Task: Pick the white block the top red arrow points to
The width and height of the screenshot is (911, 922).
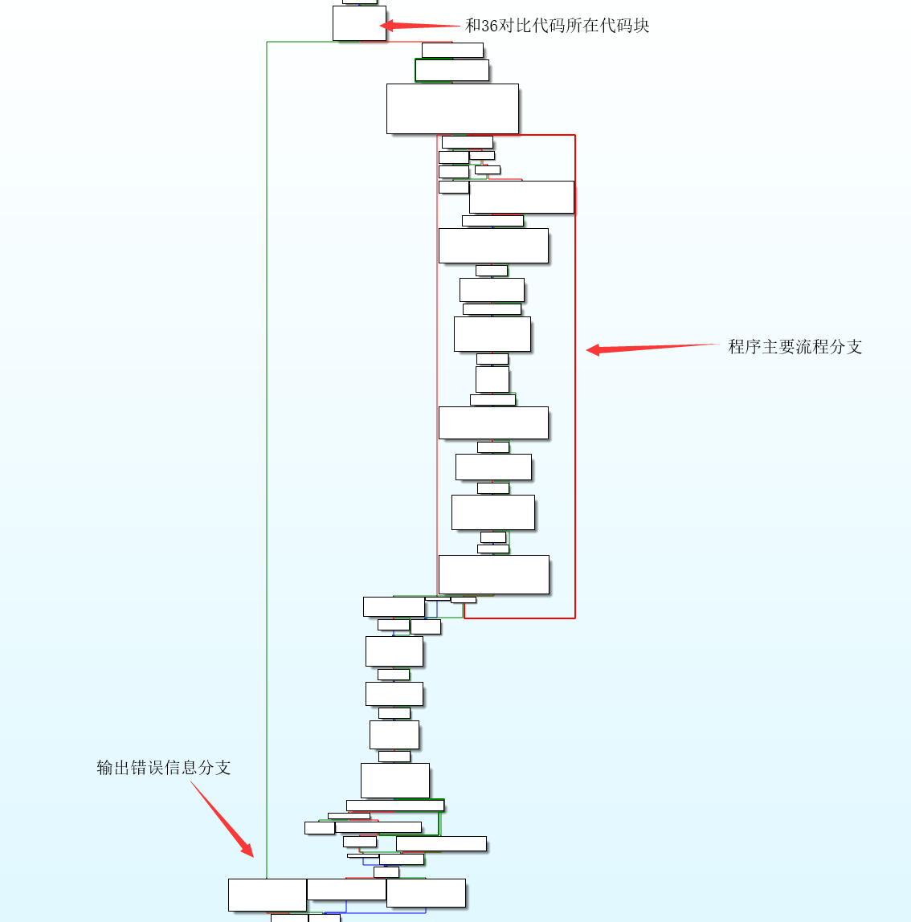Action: tap(359, 23)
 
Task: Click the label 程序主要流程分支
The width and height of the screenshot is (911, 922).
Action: tap(795, 347)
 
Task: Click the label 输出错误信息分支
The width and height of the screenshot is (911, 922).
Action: tap(164, 768)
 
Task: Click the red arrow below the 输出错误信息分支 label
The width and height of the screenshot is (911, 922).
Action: tap(223, 818)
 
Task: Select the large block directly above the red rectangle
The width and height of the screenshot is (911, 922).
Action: tap(452, 108)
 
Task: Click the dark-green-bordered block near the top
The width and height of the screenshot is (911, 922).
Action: tap(451, 71)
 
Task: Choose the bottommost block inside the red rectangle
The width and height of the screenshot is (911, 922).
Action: tap(493, 574)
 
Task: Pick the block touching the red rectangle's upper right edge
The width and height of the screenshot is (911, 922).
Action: tap(521, 197)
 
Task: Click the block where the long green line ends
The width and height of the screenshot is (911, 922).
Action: tap(267, 895)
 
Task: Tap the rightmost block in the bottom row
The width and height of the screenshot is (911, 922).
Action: tap(426, 893)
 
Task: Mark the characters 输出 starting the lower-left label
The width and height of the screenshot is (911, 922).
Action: tap(105, 768)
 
